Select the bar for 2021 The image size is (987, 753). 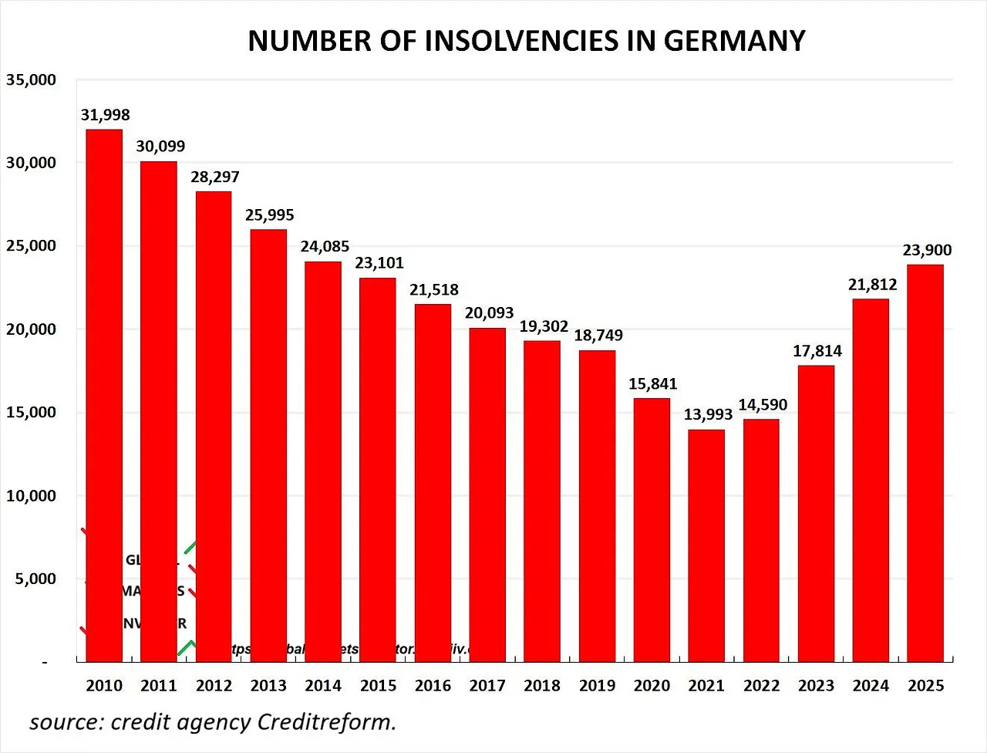tap(706, 545)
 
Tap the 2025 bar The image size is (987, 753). tap(925, 463)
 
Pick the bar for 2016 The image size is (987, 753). tap(433, 482)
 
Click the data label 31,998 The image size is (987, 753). tap(106, 115)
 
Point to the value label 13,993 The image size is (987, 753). tap(708, 414)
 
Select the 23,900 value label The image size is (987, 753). tap(927, 250)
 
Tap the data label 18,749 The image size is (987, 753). tap(598, 335)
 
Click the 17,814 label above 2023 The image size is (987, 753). tap(817, 351)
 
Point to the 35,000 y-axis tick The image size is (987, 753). tap(31, 79)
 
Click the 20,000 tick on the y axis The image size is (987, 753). tap(31, 329)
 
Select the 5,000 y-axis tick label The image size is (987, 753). tap(35, 579)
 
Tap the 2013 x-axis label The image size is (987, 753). tap(268, 685)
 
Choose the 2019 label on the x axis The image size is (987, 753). tap(597, 685)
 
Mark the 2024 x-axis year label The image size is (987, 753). tap(871, 685)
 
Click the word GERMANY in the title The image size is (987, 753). tap(734, 41)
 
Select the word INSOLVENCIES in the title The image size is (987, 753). tap(520, 41)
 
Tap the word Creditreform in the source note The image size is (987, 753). tap(326, 722)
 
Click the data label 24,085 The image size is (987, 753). tap(325, 246)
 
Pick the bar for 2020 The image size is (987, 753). tap(652, 529)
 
